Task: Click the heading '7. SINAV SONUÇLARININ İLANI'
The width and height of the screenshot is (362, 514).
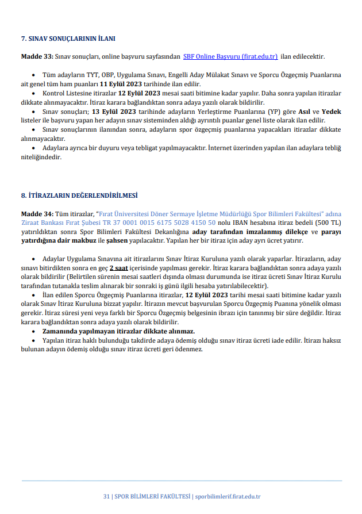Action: tap(68, 39)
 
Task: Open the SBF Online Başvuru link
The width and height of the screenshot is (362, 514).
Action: tap(230, 56)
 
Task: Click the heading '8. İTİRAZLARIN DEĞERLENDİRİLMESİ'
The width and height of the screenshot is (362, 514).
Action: tap(79, 195)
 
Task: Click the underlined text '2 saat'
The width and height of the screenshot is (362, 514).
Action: tap(120, 268)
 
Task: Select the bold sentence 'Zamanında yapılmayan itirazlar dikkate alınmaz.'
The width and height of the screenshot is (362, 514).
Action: tap(118, 332)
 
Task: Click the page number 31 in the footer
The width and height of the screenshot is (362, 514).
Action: tap(106, 496)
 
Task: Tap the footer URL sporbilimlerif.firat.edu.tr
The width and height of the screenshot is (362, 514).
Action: tap(228, 496)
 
